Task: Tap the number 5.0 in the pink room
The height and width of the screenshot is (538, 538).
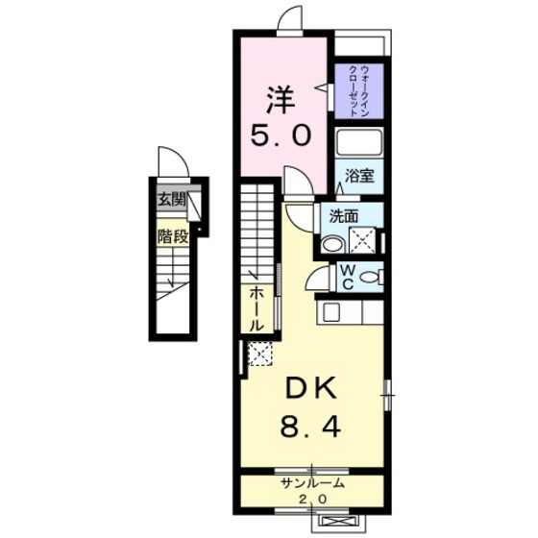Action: (282, 136)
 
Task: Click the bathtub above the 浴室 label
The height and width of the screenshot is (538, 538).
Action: (359, 143)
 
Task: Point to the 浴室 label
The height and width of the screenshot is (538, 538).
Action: (360, 177)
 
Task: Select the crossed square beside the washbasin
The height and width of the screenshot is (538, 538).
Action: (363, 238)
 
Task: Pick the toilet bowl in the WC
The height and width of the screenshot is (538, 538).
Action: (376, 279)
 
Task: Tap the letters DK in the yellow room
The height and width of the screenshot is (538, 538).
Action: (309, 389)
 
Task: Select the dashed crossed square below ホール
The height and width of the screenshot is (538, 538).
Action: (258, 355)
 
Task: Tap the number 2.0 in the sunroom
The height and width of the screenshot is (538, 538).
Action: (309, 500)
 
